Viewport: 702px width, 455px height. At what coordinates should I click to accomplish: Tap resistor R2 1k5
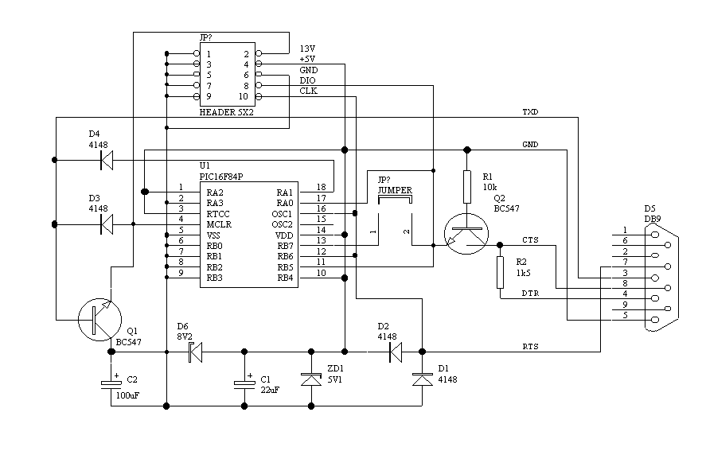coord(500,271)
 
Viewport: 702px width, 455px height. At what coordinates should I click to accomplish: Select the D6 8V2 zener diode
coord(196,351)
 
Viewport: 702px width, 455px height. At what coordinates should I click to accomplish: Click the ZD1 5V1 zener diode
coord(310,379)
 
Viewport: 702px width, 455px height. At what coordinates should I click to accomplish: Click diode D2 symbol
coord(395,351)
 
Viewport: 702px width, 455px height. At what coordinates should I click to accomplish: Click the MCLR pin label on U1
coord(218,225)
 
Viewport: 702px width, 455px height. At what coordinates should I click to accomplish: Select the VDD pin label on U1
coord(284,235)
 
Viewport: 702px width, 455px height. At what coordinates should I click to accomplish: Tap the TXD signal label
coord(530,111)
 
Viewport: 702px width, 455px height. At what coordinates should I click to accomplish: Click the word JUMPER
coord(395,191)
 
